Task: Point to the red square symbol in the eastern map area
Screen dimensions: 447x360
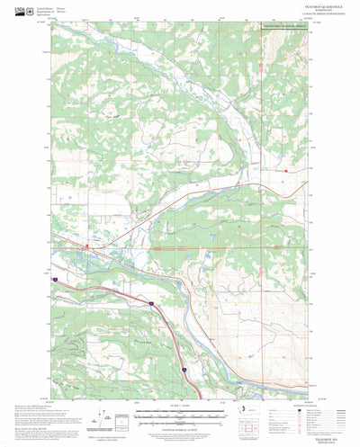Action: click(x=287, y=170)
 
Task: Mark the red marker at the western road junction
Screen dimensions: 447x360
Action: click(x=85, y=244)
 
